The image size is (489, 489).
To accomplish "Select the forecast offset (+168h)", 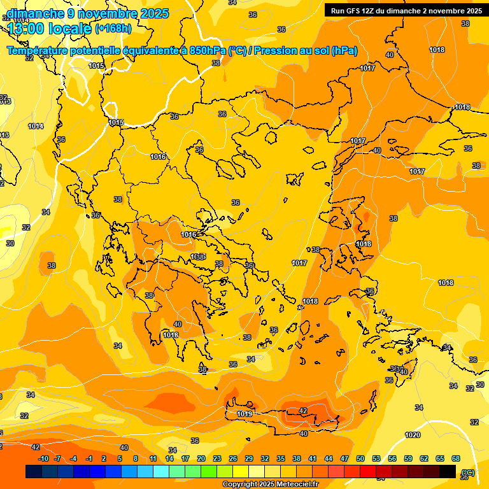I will [113, 29].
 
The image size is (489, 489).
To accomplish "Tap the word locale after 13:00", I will [69, 29].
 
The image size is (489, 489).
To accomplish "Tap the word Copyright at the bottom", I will [241, 485].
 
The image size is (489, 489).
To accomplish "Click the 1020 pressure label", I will [413, 435].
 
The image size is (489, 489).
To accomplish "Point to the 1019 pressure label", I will [244, 414].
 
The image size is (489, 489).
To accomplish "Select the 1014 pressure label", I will [36, 126].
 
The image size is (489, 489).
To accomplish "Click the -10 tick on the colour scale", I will [43, 458].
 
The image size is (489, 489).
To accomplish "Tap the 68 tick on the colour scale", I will [456, 458].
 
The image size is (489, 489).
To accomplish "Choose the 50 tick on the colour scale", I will [360, 458].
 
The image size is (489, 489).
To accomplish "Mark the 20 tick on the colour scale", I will [201, 458].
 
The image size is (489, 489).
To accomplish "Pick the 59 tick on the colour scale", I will [408, 458].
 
